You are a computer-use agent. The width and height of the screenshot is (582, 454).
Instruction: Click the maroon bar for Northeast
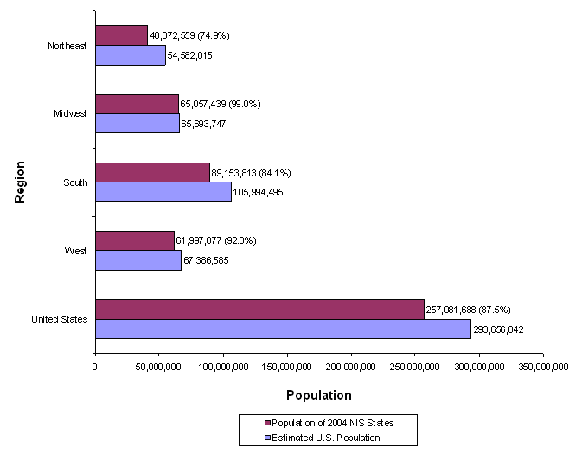121,35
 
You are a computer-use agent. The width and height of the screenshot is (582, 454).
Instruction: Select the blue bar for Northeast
130,55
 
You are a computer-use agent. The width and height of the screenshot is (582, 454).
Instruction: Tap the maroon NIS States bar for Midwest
137,104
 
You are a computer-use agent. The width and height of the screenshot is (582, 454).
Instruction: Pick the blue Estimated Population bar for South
163,192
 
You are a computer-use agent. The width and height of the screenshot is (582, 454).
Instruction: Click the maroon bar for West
135,240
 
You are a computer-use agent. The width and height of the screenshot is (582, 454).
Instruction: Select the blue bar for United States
283,329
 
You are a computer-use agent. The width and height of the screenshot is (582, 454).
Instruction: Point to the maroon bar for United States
259,309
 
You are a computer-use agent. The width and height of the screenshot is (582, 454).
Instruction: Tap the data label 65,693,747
208,125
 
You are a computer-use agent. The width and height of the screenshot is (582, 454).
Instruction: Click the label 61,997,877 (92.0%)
216,240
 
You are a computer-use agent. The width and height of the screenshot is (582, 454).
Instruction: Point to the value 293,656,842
498,329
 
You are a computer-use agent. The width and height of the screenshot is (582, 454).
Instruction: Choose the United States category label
60,319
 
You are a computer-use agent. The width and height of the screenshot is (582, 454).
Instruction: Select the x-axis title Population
318,395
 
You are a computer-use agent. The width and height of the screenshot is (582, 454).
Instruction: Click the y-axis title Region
20,182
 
